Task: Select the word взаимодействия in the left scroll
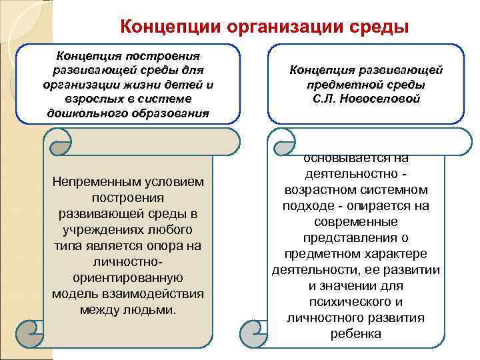point(162,294)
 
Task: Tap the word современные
point(355,222)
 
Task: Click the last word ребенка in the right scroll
point(355,334)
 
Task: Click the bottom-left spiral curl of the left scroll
point(31,330)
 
